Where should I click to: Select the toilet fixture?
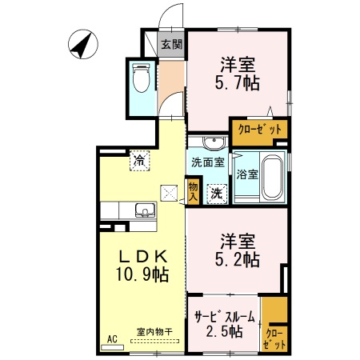(142, 80)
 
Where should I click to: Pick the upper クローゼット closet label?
(260, 129)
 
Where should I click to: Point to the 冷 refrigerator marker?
(140, 161)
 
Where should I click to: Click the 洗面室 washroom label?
(206, 162)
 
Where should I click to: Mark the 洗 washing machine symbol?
(215, 191)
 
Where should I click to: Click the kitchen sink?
(145, 211)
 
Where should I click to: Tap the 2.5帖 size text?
(224, 332)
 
